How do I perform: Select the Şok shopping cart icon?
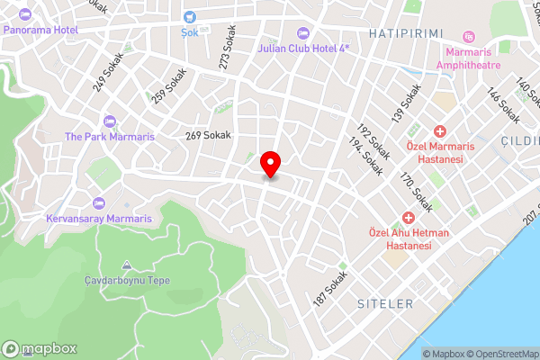190,16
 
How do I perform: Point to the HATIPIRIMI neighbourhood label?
407,32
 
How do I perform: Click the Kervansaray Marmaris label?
100,219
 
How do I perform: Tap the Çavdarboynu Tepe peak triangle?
126,265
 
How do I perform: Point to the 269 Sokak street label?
208,135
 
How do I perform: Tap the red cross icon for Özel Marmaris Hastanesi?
440,131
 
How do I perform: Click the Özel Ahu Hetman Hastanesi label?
401,238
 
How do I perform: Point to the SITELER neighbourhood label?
384,304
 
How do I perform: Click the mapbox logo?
39,348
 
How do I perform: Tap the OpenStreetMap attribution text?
500,353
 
